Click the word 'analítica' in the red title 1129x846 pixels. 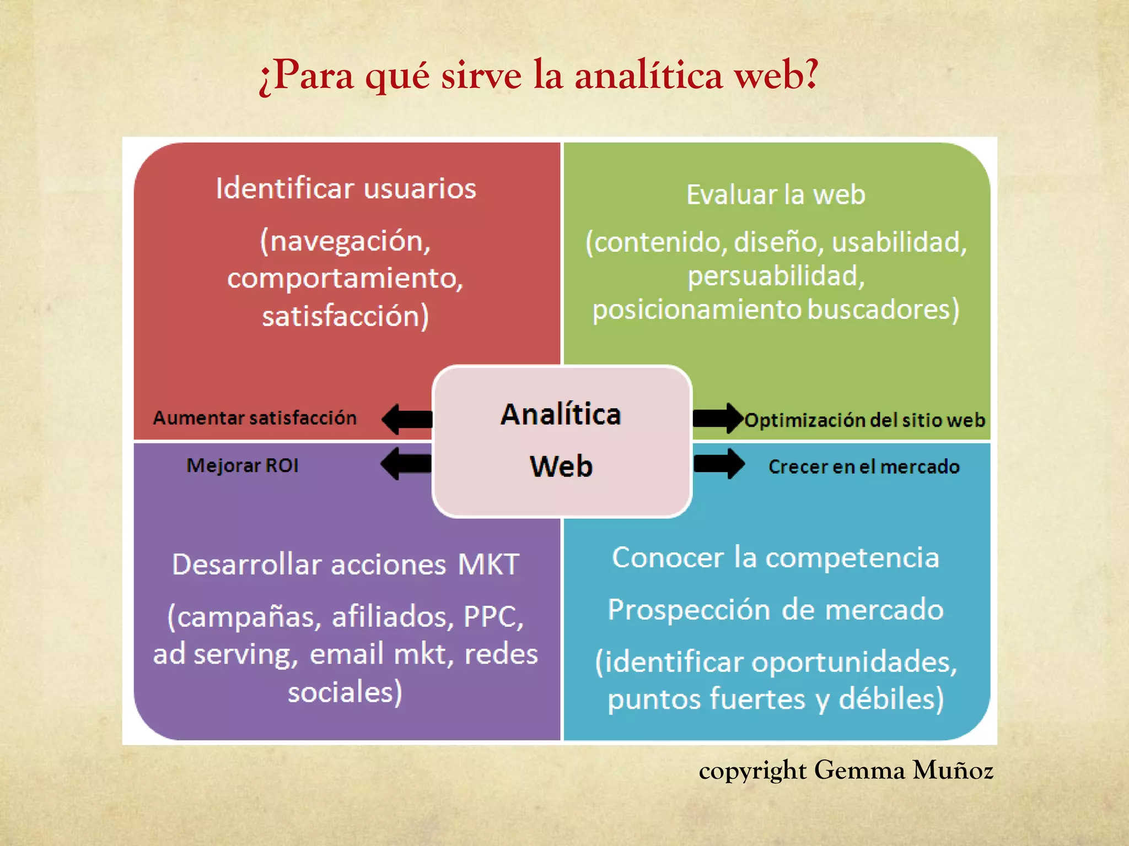648,75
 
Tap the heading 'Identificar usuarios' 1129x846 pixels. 346,189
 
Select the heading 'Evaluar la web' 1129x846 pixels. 776,195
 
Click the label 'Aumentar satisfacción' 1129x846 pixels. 255,418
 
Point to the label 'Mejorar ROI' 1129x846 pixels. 243,466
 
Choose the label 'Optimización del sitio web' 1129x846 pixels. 864,420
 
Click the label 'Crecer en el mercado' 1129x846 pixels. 864,467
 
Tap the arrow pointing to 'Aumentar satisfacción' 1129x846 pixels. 407,419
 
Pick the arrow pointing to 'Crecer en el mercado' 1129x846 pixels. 719,464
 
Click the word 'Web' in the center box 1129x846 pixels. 561,467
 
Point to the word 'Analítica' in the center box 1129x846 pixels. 561,415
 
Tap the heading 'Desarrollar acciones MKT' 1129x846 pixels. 346,565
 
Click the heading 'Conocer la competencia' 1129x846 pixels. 776,557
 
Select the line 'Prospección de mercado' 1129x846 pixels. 776,610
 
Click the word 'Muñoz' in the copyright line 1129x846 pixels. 953,771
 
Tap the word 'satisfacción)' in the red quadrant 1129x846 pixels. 346,317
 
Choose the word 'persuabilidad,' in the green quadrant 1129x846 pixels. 776,276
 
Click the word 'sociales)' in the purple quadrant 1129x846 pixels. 346,692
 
